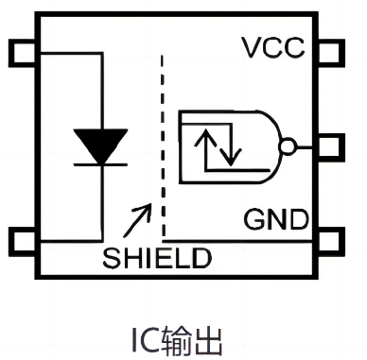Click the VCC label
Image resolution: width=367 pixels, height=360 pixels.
(275, 48)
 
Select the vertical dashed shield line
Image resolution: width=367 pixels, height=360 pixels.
(164, 142)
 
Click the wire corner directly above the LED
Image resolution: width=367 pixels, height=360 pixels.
(99, 55)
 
